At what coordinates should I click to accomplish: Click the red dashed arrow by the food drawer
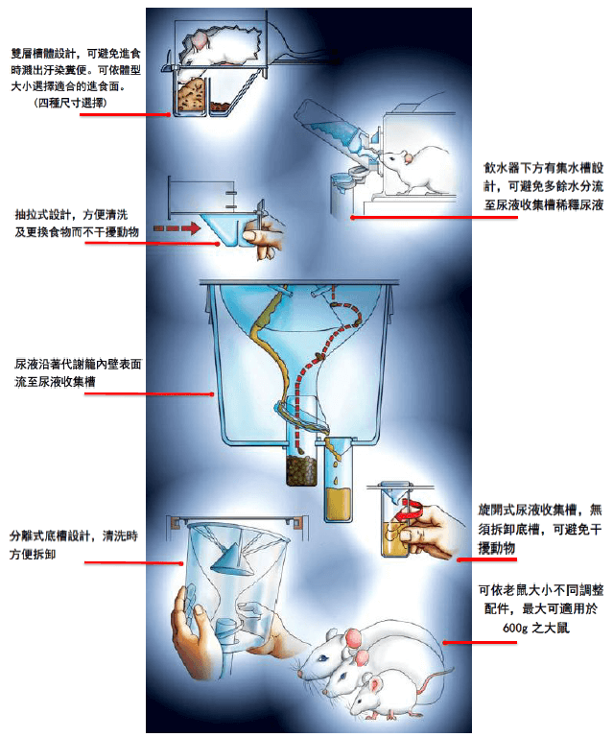pos(177,228)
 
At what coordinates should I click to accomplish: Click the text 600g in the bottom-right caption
pos(515,628)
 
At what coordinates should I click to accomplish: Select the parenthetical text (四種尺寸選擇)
pos(71,103)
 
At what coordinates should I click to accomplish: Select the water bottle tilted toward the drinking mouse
pos(336,130)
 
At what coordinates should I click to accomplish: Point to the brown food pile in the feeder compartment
pos(192,96)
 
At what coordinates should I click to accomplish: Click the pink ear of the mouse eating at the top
pos(200,40)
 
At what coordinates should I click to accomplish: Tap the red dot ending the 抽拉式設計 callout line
pos(218,244)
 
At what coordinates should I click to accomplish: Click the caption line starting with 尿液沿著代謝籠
pos(78,365)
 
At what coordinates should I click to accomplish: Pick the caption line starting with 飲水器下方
pos(544,168)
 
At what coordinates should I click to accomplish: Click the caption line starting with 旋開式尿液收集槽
pos(540,510)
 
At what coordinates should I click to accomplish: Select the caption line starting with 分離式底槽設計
pos(74,535)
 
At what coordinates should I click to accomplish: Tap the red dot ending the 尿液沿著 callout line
pos(213,393)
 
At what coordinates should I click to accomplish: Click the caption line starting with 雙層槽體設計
pos(76,54)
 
